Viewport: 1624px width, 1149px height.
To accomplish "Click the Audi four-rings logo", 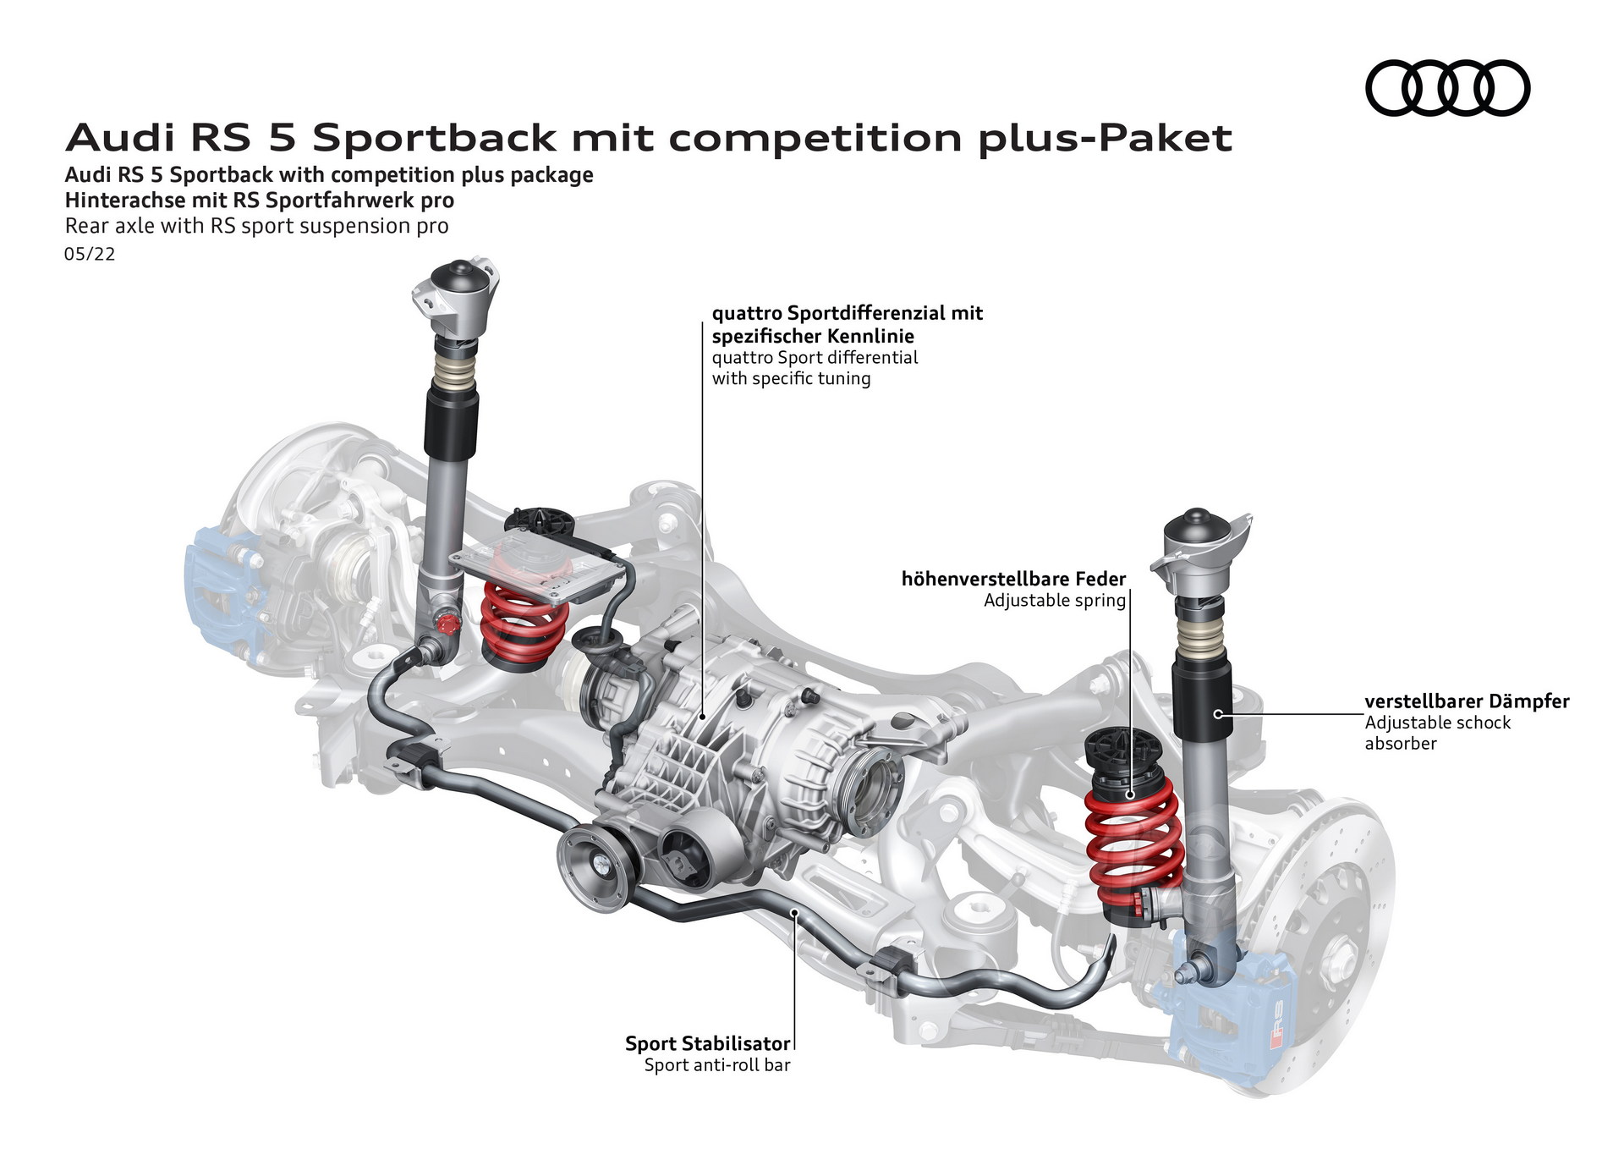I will point(1447,88).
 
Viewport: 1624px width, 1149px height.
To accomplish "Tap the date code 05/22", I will point(90,254).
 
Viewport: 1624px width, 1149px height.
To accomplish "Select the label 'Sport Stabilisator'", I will point(707,1043).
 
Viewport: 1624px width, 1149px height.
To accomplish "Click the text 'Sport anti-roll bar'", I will point(716,1065).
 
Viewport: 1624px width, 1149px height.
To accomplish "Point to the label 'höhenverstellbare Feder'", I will point(1013,580).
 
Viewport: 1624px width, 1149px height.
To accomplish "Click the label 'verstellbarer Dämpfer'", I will point(1467,701).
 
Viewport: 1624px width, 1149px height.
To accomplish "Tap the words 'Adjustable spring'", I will point(1054,601).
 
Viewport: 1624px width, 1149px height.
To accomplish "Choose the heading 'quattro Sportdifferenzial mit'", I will point(847,313).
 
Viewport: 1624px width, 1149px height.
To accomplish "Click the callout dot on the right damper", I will point(1218,714).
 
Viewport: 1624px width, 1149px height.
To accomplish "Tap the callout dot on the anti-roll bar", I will point(793,912).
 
